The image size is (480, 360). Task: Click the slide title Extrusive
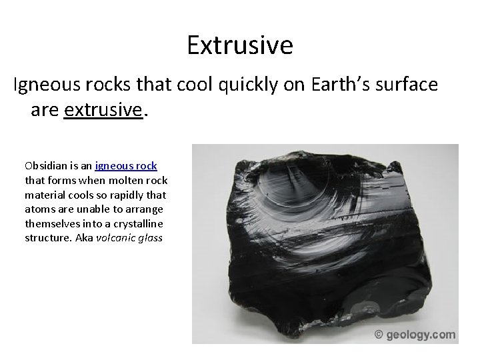click(x=239, y=45)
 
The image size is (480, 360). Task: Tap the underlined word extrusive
click(x=103, y=109)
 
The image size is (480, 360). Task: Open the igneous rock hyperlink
click(x=126, y=165)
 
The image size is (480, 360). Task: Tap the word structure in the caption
click(x=47, y=239)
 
